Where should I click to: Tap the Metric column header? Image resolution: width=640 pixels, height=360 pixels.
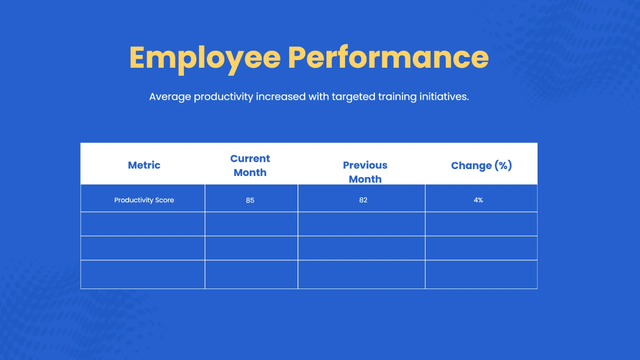point(144,165)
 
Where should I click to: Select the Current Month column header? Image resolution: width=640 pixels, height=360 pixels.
point(250,165)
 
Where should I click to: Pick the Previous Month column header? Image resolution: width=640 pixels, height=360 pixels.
point(365,172)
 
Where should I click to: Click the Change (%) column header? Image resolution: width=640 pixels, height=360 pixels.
point(481,165)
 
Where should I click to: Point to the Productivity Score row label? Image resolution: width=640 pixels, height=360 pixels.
point(144,200)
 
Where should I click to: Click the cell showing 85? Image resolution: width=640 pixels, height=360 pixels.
point(250,200)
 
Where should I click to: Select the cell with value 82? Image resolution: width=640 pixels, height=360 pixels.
point(363,200)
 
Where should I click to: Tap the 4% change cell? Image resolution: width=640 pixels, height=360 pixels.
point(478,200)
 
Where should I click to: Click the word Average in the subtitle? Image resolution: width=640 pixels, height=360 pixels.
point(170,97)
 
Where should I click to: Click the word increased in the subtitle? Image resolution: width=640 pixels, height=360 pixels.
point(280,97)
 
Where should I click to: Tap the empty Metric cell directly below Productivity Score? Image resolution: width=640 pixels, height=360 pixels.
point(143,224)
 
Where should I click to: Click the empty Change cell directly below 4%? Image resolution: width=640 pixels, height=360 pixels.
point(481,224)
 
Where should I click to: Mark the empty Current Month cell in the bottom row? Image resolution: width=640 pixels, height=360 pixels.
point(251,275)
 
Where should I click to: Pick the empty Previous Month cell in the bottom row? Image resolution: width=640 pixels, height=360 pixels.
point(362,275)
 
